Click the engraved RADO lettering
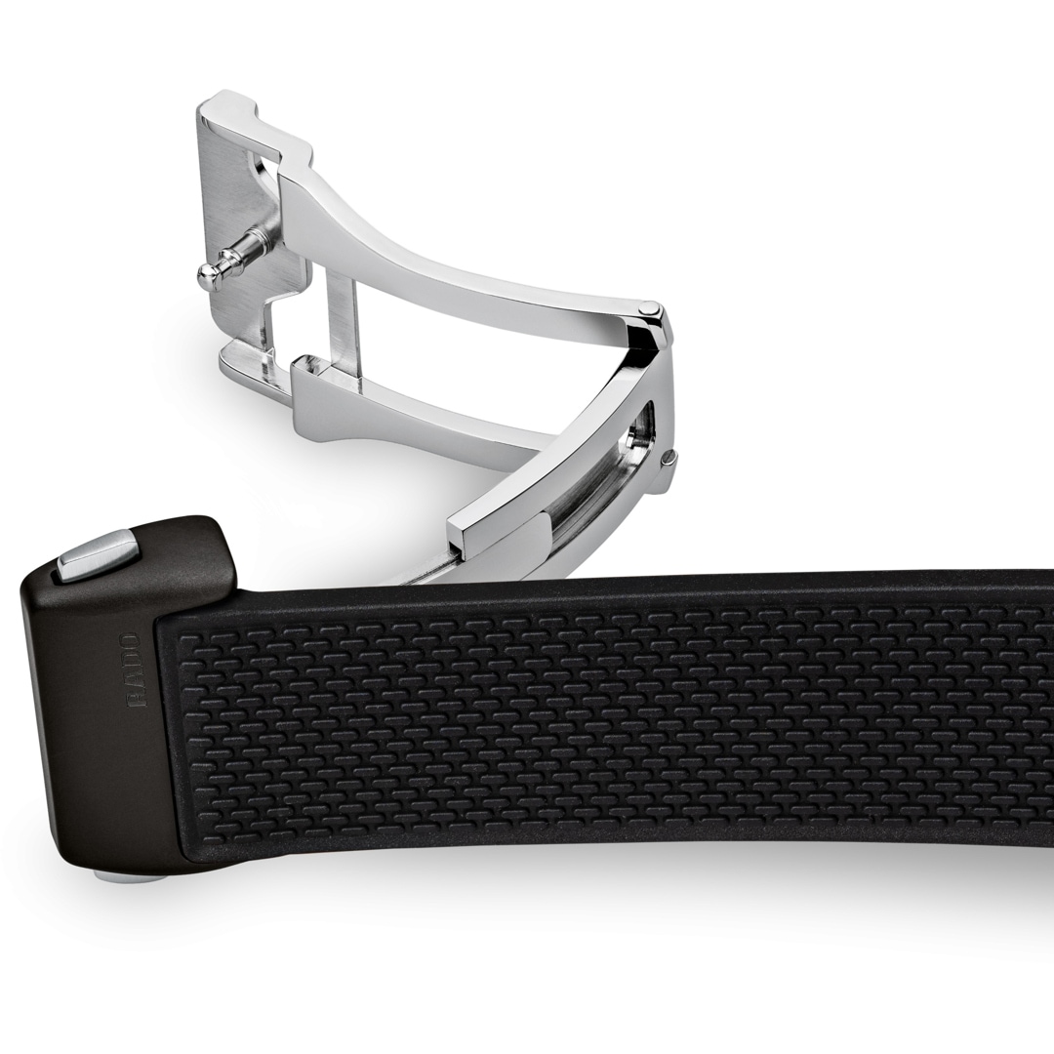[134, 669]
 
